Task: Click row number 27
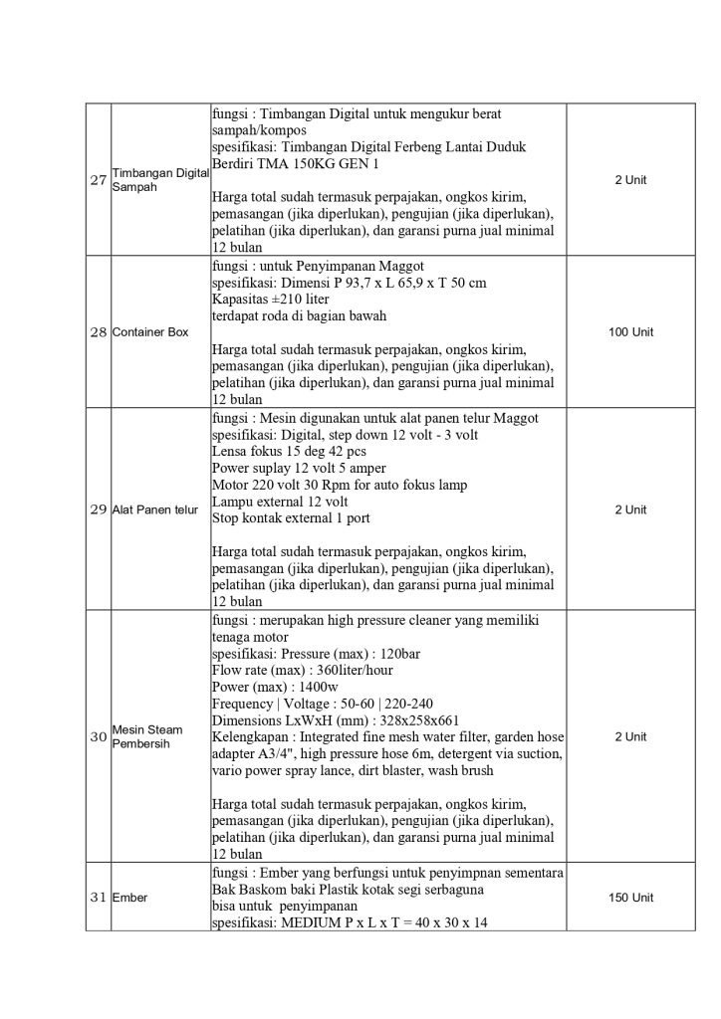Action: click(x=98, y=180)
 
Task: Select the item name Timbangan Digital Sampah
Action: click(x=159, y=180)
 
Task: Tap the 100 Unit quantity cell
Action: click(x=630, y=331)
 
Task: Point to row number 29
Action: click(x=98, y=509)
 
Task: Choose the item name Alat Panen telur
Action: click(x=154, y=509)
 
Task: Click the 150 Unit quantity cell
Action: click(x=630, y=898)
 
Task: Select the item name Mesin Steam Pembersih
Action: click(x=146, y=737)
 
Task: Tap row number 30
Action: click(x=98, y=737)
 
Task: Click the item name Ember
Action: click(x=129, y=898)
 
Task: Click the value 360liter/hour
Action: click(x=358, y=671)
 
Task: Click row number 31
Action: click(x=98, y=898)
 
